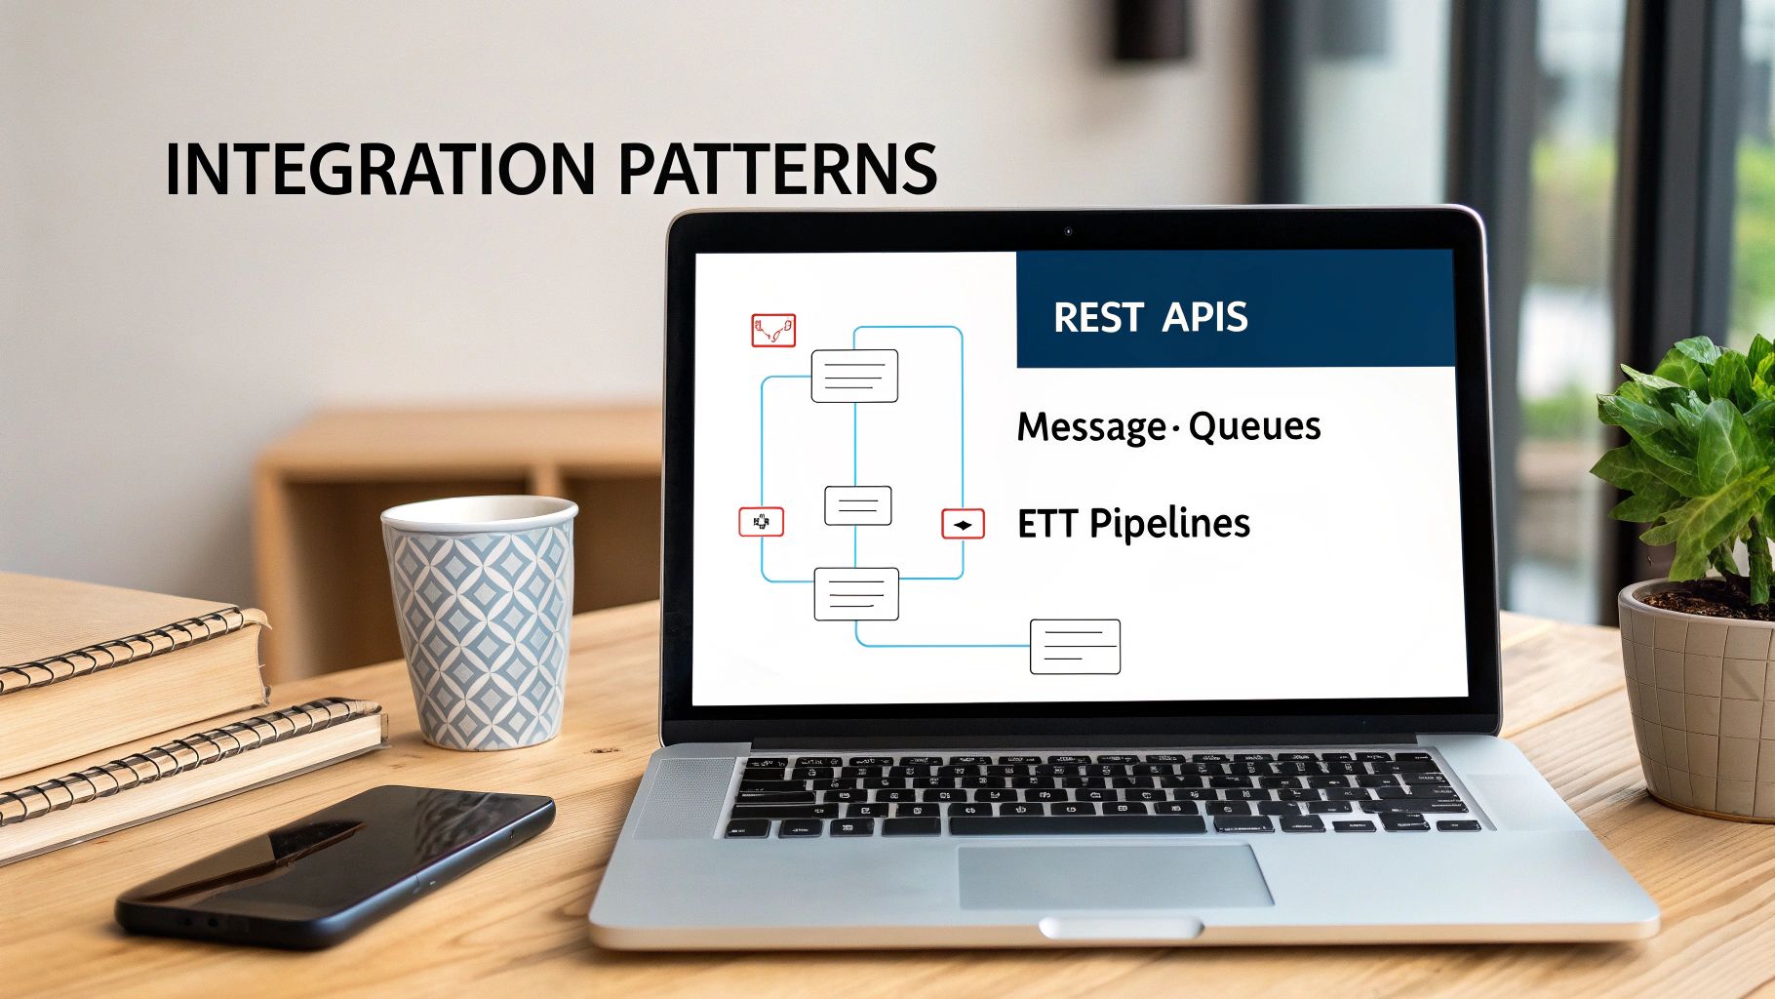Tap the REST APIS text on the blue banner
pos(1150,318)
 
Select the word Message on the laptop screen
pos(1090,427)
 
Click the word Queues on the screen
pos(1254,426)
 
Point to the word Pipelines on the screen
pos(1169,525)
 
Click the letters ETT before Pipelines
pos(1045,524)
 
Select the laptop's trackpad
pos(1115,875)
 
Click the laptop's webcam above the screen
pos(1068,231)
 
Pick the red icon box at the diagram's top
pos(773,331)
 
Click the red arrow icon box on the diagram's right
pos(963,525)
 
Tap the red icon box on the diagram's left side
pos(761,522)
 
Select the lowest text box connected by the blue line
pos(1075,647)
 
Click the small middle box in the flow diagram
pos(858,505)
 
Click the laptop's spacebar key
pos(1077,825)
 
